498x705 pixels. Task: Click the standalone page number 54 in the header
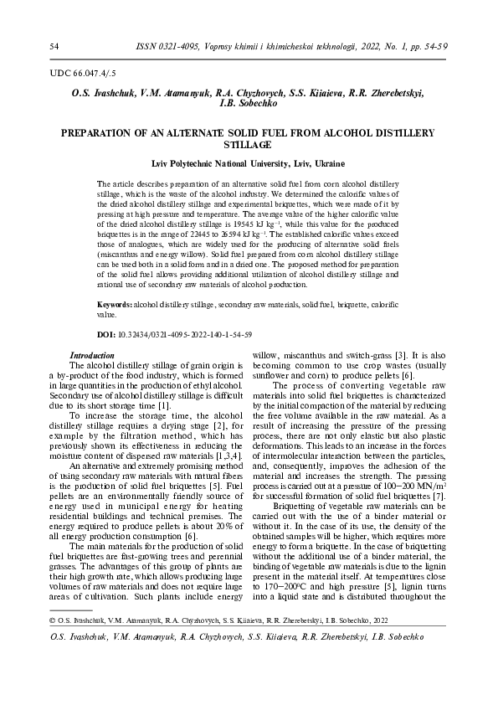coord(54,45)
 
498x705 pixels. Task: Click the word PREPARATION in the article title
coord(96,133)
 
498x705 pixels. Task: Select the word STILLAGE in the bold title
coord(248,146)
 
